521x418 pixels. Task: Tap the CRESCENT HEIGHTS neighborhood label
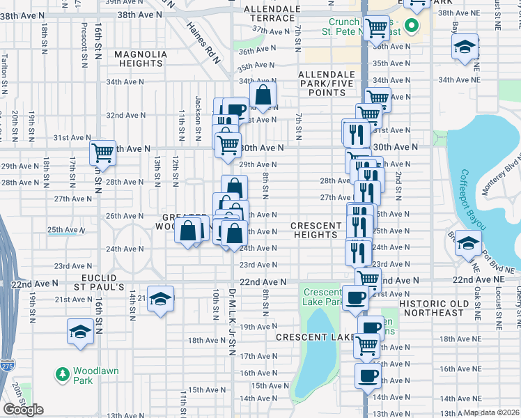(x=316, y=230)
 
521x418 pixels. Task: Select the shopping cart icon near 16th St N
(x=103, y=151)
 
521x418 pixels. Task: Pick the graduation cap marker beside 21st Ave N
(x=161, y=299)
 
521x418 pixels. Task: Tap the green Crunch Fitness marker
(x=411, y=27)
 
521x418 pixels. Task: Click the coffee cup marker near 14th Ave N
(x=367, y=376)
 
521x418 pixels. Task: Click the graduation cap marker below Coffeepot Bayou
(x=467, y=243)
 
